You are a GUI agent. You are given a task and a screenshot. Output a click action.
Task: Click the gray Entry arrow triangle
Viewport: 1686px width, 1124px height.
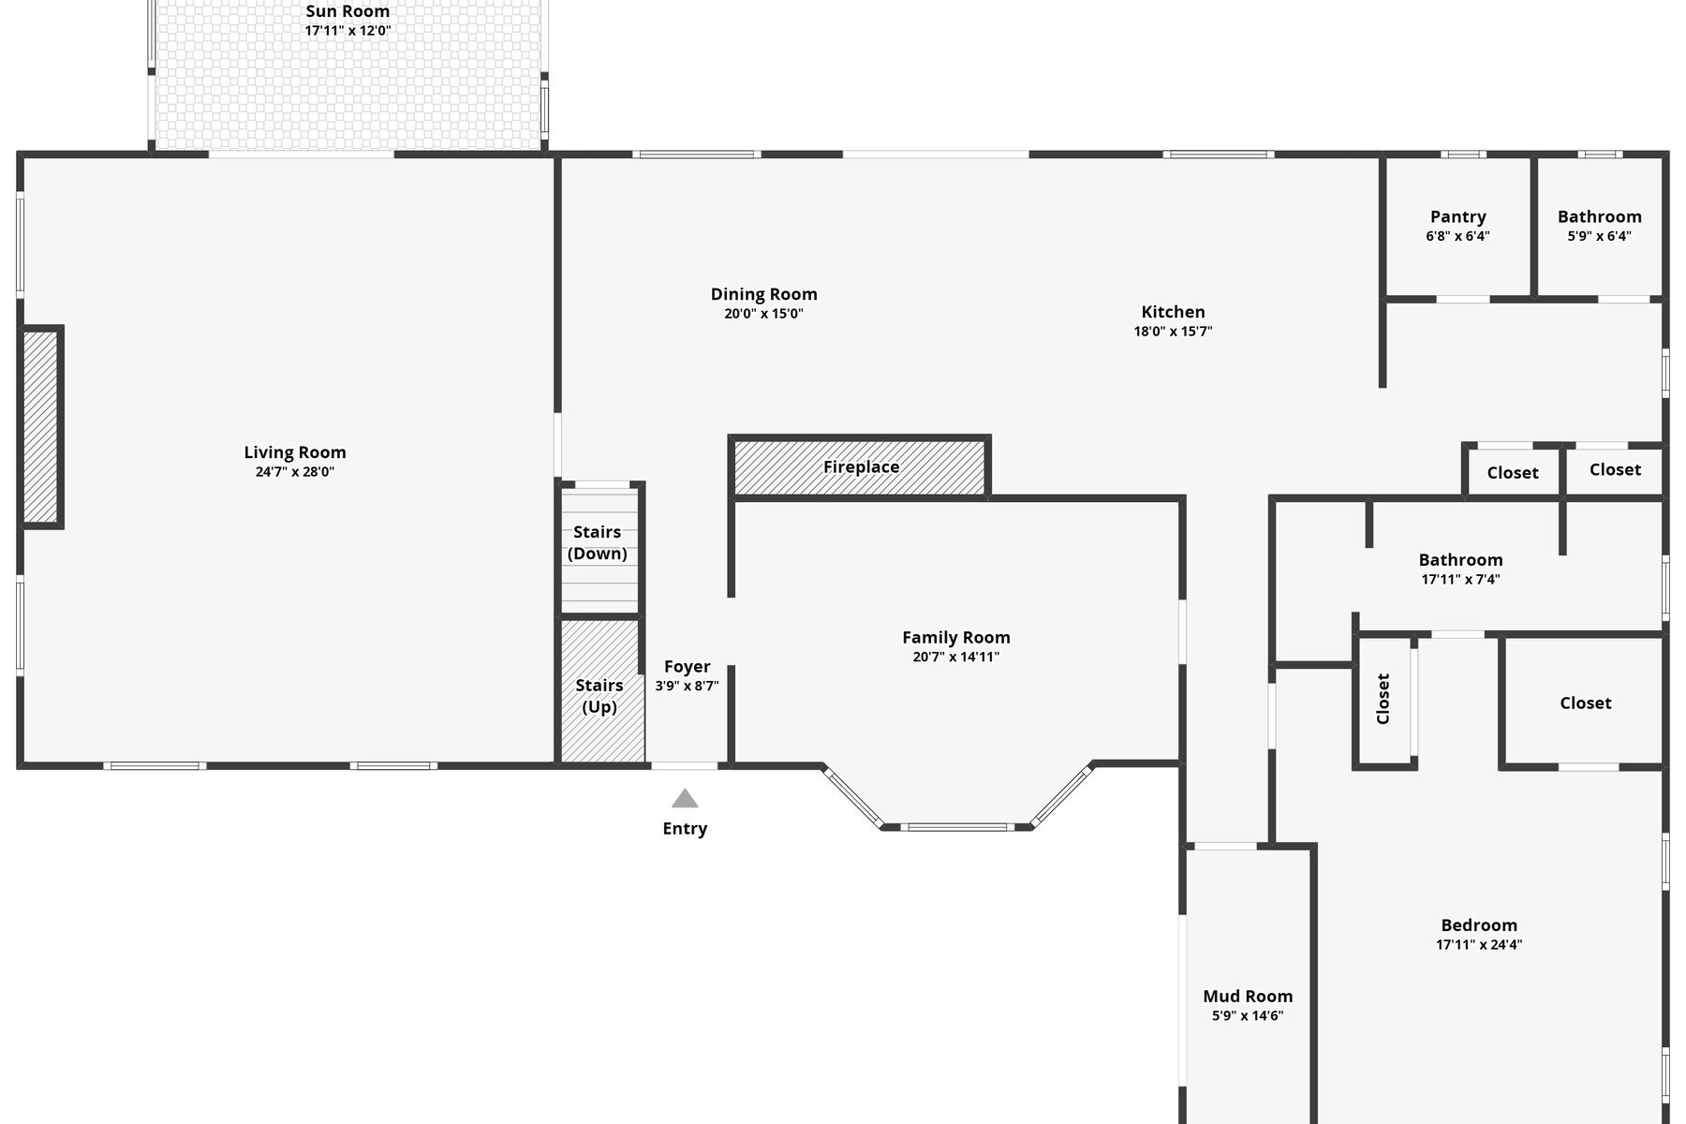[x=685, y=799]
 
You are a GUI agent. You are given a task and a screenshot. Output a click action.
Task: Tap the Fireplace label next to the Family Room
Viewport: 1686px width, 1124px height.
[x=861, y=466]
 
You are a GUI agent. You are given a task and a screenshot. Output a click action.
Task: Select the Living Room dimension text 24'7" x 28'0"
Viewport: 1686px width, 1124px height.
[x=295, y=472]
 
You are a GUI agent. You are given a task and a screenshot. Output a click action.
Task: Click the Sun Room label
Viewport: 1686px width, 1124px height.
[x=348, y=11]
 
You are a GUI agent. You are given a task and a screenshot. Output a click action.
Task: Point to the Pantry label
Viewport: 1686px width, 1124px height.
[x=1457, y=216]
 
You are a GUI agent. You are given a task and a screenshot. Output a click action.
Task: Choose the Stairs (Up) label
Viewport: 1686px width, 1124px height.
[x=599, y=696]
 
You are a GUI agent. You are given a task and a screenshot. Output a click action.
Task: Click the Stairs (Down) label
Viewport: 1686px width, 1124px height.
[x=598, y=542]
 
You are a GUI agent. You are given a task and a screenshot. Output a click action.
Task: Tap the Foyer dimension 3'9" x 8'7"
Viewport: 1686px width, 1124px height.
[x=687, y=686]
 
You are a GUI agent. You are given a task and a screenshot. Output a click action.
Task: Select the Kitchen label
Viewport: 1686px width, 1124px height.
[x=1173, y=312]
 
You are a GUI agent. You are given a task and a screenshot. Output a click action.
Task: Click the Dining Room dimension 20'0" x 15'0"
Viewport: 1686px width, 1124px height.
[x=763, y=314]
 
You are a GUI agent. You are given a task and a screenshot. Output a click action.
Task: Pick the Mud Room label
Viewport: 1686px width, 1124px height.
[x=1248, y=996]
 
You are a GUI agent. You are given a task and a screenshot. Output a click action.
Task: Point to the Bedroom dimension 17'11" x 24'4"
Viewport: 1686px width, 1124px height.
[x=1479, y=945]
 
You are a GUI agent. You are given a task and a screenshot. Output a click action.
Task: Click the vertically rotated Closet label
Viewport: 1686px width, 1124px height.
[x=1383, y=699]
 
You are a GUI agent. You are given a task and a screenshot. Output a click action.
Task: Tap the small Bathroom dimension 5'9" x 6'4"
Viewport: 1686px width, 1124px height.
[x=1599, y=236]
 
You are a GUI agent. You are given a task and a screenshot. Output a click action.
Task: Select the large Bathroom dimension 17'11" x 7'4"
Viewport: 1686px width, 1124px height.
[x=1460, y=580]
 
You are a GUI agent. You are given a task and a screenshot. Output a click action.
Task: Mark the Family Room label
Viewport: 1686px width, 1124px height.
[x=955, y=637]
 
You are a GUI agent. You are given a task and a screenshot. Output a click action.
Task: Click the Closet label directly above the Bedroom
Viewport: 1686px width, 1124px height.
[x=1585, y=702]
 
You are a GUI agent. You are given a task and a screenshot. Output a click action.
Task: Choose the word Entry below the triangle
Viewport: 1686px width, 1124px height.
[x=685, y=828]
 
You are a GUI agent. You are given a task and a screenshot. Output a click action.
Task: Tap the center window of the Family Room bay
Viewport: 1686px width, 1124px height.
[x=957, y=827]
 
